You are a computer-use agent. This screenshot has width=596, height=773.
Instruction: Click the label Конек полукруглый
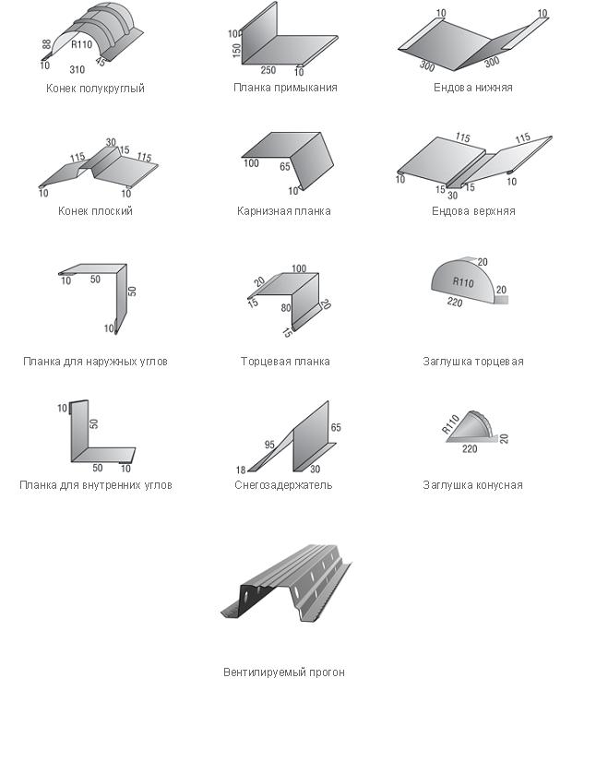95,89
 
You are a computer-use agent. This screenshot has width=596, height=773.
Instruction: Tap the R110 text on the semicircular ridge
82,45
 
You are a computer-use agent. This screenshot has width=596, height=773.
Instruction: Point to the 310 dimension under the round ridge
77,69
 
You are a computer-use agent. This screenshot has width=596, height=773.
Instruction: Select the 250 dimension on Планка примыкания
268,70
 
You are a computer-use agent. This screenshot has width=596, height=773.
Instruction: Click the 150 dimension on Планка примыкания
236,51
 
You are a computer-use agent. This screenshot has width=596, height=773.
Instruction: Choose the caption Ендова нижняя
472,88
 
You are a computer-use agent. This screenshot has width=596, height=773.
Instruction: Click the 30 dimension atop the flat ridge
111,142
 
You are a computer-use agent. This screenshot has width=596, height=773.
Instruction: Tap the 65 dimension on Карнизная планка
285,167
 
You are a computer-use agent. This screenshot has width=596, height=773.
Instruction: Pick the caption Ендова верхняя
473,211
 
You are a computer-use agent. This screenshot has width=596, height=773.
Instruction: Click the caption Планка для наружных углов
95,362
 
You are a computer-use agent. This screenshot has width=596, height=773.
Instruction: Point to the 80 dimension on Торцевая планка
286,307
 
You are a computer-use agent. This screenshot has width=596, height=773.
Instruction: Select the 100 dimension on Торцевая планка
299,268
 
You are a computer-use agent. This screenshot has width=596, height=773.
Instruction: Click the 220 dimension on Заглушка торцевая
455,302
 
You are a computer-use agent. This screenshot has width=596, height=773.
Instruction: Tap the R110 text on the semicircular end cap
463,282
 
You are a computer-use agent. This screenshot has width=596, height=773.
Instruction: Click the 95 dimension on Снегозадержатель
269,445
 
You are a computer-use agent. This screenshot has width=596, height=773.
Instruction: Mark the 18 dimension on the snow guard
241,470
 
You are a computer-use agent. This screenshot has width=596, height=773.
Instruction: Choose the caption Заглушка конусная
472,485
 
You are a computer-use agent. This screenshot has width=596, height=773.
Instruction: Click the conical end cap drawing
471,428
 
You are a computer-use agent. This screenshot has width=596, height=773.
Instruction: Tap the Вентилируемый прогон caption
284,672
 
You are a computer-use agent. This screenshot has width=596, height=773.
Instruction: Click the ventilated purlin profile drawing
286,583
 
